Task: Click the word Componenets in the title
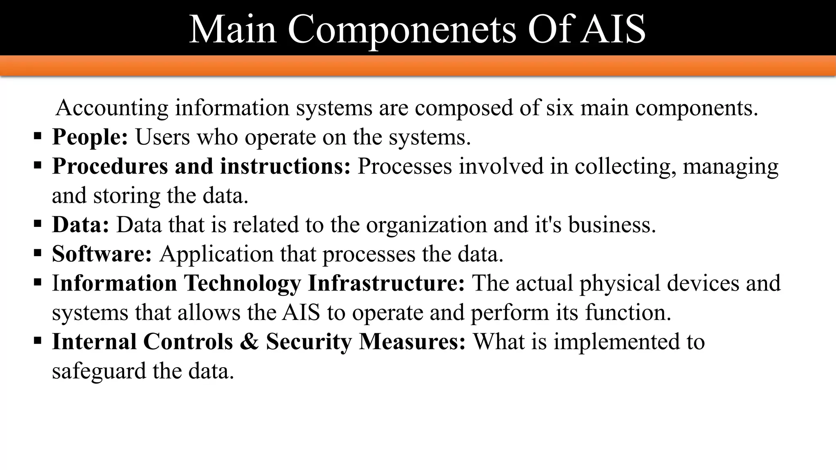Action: [x=402, y=29]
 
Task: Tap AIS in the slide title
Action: [x=613, y=29]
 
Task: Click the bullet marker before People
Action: [x=38, y=135]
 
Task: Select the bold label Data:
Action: [x=80, y=224]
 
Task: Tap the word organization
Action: [x=426, y=224]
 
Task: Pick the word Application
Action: [x=216, y=254]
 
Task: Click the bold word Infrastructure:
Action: [x=386, y=283]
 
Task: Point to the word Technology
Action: [x=242, y=283]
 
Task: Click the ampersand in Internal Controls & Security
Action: [x=249, y=341]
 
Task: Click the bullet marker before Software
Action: [x=38, y=253]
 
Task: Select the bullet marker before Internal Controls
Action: [x=38, y=341]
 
